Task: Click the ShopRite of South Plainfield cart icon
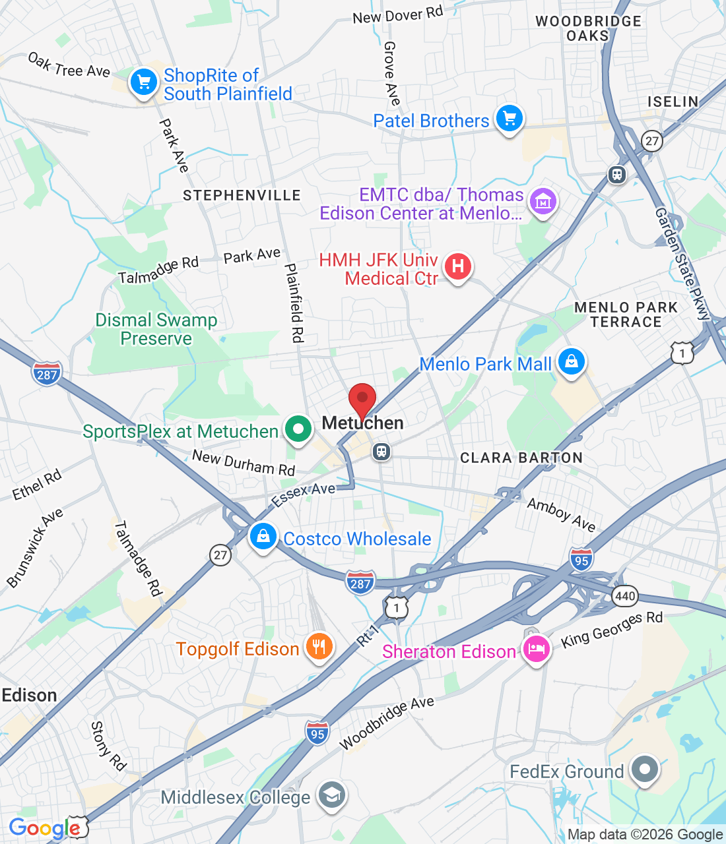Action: click(x=143, y=82)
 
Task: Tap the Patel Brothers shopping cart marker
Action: click(x=510, y=119)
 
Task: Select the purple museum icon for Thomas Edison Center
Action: click(x=543, y=202)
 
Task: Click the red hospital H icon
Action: click(x=457, y=267)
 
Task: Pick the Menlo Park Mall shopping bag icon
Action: click(x=572, y=362)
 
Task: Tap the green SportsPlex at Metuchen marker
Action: click(x=298, y=429)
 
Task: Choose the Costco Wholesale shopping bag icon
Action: click(x=263, y=536)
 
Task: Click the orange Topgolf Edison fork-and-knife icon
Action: click(x=319, y=647)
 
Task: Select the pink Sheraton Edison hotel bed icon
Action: click(x=536, y=649)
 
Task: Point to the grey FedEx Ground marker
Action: click(x=644, y=769)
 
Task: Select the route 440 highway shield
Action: click(x=624, y=597)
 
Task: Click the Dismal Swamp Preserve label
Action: click(x=156, y=329)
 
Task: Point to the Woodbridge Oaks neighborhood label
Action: click(x=587, y=28)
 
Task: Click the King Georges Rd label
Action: click(x=612, y=629)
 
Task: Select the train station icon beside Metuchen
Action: click(x=381, y=452)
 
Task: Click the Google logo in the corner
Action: click(x=44, y=828)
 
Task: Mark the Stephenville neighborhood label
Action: click(x=242, y=195)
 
